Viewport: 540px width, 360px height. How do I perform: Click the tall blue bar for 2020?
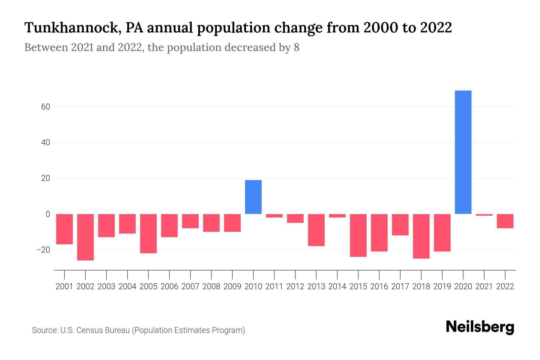click(x=463, y=152)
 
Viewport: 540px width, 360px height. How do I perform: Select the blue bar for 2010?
click(x=253, y=197)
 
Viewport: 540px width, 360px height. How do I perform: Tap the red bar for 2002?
click(x=85, y=237)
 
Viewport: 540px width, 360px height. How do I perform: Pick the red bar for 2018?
click(x=421, y=236)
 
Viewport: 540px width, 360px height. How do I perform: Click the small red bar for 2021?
click(x=484, y=215)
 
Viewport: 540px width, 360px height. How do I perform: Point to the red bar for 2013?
click(x=316, y=230)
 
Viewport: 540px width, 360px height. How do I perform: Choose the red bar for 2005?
click(x=148, y=233)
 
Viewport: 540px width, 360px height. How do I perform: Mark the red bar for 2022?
click(x=505, y=221)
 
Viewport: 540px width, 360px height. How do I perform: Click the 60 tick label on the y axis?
click(x=46, y=106)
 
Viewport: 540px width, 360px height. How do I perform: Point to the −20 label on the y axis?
click(x=43, y=250)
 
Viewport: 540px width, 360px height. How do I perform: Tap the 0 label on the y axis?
click(x=48, y=214)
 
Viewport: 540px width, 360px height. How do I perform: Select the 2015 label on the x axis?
click(x=358, y=286)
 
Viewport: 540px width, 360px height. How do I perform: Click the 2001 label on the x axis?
click(x=64, y=286)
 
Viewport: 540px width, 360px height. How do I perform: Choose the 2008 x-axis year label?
click(x=211, y=286)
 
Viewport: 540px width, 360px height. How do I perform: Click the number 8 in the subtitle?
click(x=296, y=47)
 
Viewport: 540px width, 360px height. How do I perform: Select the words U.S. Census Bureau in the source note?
click(x=95, y=330)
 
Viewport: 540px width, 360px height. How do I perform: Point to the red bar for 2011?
click(x=274, y=216)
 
